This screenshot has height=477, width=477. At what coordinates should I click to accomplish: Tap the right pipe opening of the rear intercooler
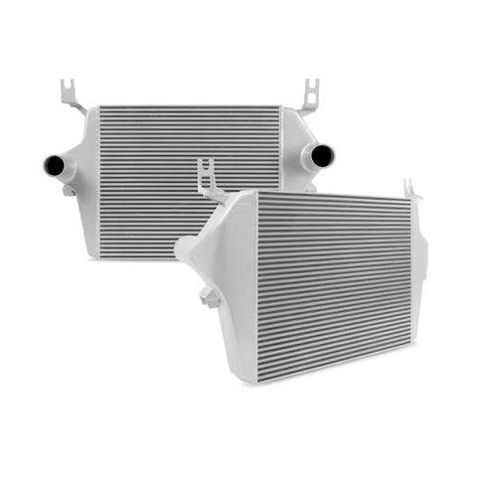pos(323,156)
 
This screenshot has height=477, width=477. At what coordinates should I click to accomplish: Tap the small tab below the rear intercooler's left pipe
pos(69,190)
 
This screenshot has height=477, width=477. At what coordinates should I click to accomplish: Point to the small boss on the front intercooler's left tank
pos(208,297)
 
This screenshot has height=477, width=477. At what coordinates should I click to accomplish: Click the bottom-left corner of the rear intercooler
pos(100,255)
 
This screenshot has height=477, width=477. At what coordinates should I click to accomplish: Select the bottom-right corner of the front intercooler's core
pos(409,320)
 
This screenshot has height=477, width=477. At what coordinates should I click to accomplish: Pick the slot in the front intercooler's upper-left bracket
pos(207,170)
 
